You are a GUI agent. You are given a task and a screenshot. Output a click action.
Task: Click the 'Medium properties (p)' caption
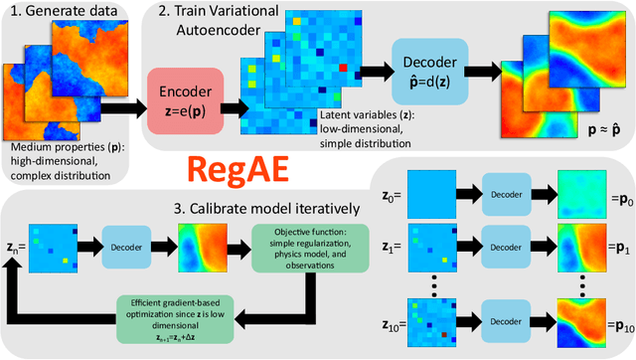pyautogui.click(x=55, y=150)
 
